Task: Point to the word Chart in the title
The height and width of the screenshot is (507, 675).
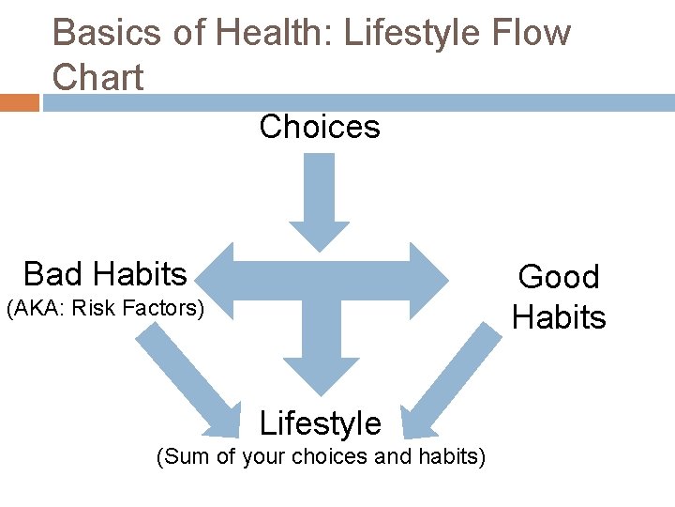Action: point(97,77)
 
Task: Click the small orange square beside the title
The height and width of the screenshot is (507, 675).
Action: point(19,102)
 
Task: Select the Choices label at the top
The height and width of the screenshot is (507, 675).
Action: point(320,127)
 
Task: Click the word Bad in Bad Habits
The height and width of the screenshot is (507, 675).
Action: point(51,274)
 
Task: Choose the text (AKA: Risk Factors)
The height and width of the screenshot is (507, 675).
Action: point(105,308)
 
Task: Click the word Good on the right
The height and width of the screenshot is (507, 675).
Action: point(558,277)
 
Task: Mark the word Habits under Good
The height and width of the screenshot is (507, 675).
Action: point(559,317)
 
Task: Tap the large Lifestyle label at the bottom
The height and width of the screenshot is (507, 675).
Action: point(320,424)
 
